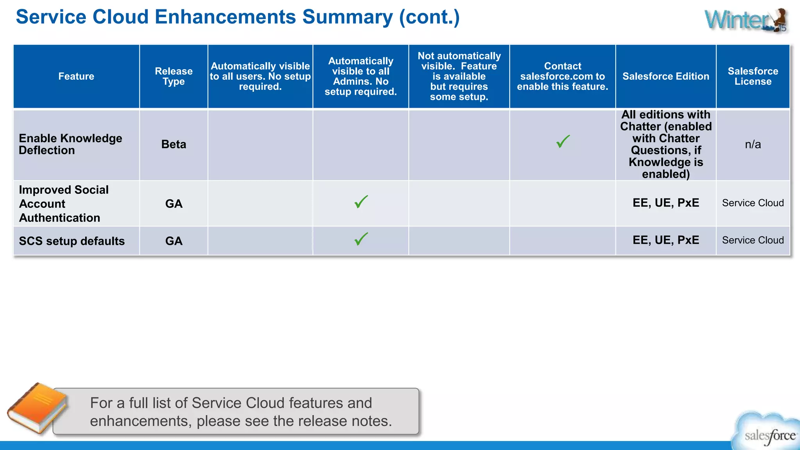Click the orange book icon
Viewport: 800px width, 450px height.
pos(37,408)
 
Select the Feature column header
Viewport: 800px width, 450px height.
pos(76,76)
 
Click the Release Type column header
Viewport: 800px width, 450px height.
pos(174,76)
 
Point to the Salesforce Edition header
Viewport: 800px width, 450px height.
pos(666,76)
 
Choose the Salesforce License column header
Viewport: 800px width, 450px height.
pos(753,76)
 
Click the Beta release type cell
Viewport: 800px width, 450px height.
pos(174,144)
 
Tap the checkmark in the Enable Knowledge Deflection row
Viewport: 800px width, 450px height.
pos(563,141)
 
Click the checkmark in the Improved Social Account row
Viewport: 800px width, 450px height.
pos(361,202)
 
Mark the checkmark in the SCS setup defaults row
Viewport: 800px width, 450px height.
pos(361,239)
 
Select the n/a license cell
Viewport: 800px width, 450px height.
pos(753,144)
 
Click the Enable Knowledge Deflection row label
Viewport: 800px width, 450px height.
pos(70,144)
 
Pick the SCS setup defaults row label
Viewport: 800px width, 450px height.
pos(72,241)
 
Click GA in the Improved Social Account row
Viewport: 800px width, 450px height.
pos(174,204)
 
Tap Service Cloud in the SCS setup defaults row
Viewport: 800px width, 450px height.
pos(753,240)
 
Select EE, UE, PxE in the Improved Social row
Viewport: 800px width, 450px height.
pos(666,203)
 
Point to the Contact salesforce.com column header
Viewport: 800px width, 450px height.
pos(562,76)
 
